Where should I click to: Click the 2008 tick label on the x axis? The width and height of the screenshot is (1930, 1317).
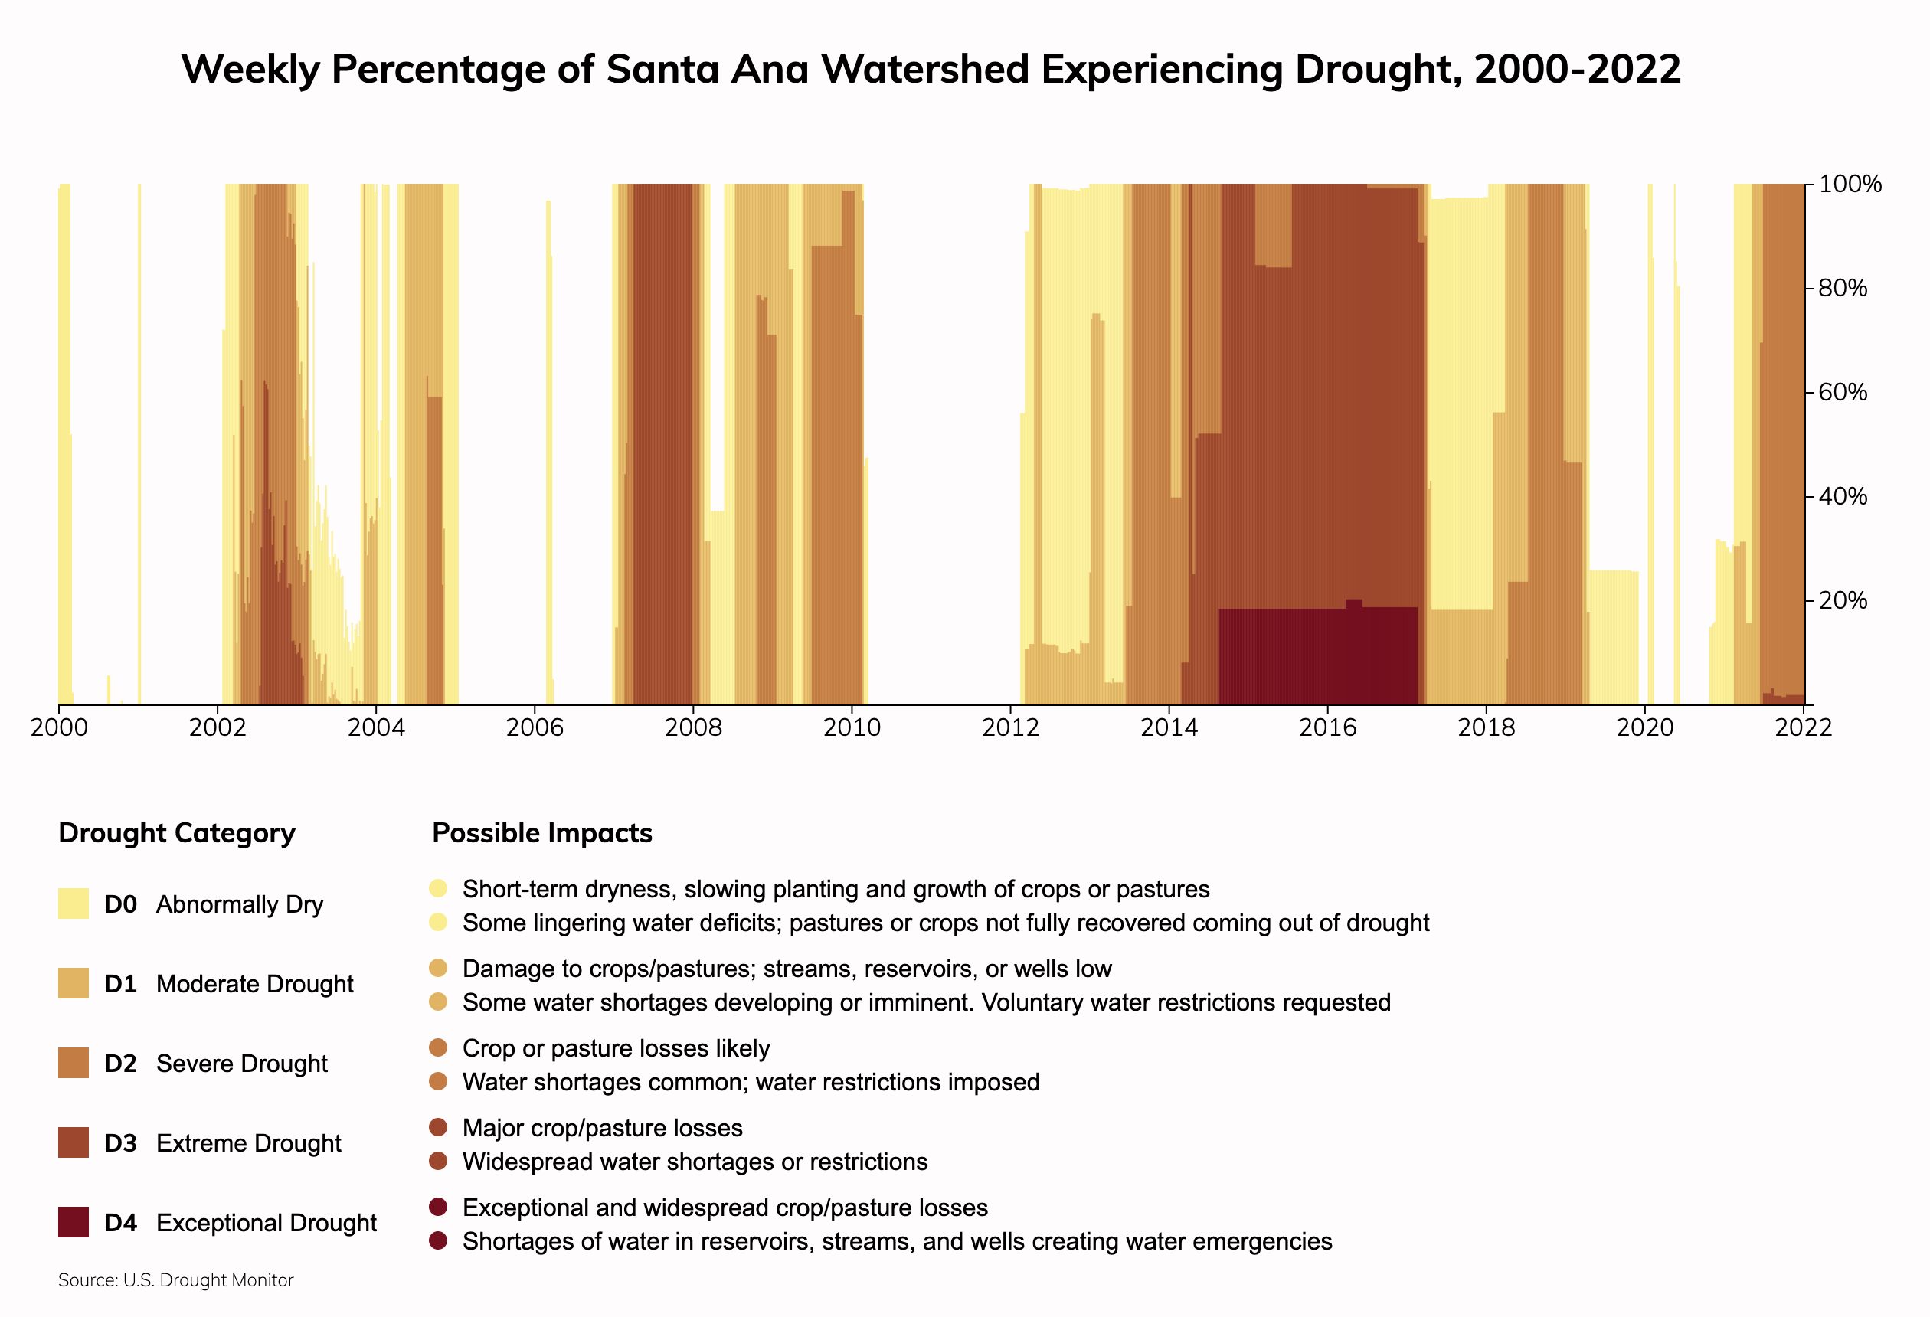click(x=692, y=728)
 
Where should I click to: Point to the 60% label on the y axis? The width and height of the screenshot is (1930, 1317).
click(x=1843, y=392)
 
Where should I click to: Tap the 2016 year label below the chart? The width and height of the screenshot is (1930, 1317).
click(x=1327, y=728)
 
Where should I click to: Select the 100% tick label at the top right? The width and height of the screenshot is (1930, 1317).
click(x=1850, y=185)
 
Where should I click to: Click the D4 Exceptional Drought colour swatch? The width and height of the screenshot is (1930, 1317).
click(x=73, y=1222)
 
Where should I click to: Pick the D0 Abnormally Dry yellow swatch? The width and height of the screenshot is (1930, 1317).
click(x=73, y=904)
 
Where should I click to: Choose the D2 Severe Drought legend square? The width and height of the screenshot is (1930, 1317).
click(x=73, y=1063)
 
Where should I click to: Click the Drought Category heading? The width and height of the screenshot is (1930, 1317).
click(x=177, y=833)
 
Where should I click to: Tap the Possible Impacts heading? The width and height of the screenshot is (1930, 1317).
click(x=542, y=833)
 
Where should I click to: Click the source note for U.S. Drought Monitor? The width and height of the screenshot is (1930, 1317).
click(x=176, y=1280)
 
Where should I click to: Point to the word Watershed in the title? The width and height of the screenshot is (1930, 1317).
click(x=925, y=69)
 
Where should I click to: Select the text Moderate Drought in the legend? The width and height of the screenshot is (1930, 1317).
click(x=254, y=984)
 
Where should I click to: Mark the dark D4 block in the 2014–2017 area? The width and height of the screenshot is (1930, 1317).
click(x=1317, y=656)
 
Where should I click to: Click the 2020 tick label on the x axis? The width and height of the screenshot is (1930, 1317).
click(x=1644, y=728)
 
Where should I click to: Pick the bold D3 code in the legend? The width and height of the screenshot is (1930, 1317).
click(x=120, y=1143)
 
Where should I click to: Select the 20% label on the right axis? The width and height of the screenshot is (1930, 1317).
click(x=1843, y=600)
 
